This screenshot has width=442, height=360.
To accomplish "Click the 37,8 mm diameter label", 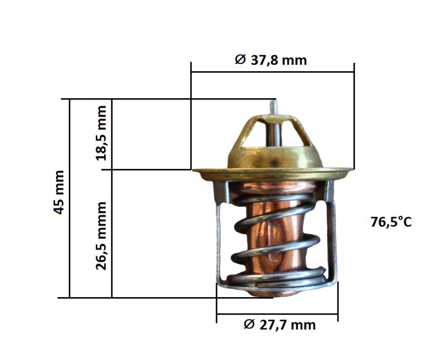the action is click(x=270, y=60).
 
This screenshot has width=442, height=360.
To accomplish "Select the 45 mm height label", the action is click(x=59, y=192).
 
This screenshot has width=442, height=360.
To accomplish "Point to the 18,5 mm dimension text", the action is click(x=101, y=133).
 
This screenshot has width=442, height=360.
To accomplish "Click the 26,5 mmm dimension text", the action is click(x=101, y=236).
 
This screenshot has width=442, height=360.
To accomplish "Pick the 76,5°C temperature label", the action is click(x=391, y=222).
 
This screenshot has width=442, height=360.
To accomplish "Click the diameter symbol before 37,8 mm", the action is click(x=240, y=60).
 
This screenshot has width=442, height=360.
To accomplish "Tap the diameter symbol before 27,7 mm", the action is click(x=249, y=325).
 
